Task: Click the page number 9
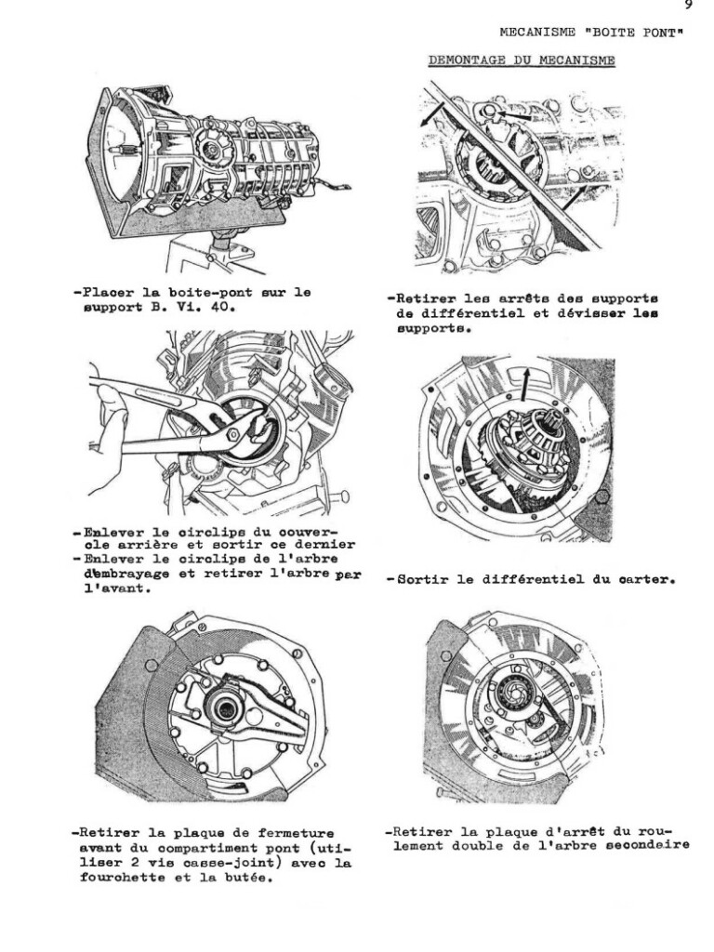(x=688, y=6)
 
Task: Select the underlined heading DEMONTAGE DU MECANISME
(x=522, y=61)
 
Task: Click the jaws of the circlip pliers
(x=244, y=425)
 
